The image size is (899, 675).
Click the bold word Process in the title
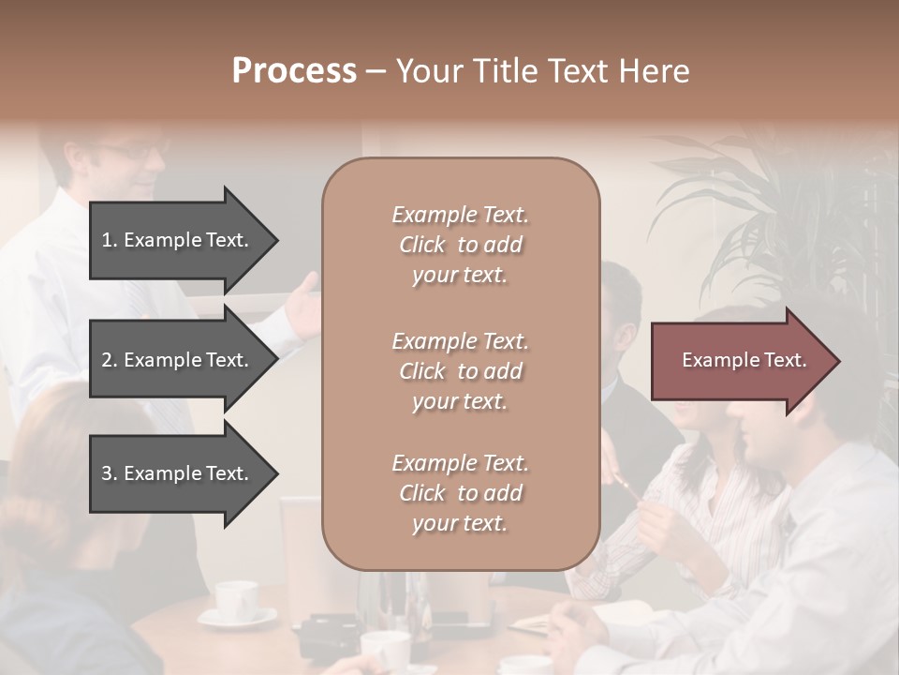tap(294, 71)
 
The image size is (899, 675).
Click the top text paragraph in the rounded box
tap(460, 245)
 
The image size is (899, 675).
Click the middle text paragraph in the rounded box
tap(460, 371)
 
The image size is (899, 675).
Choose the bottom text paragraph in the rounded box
tap(460, 493)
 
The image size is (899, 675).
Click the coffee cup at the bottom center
tap(386, 649)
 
